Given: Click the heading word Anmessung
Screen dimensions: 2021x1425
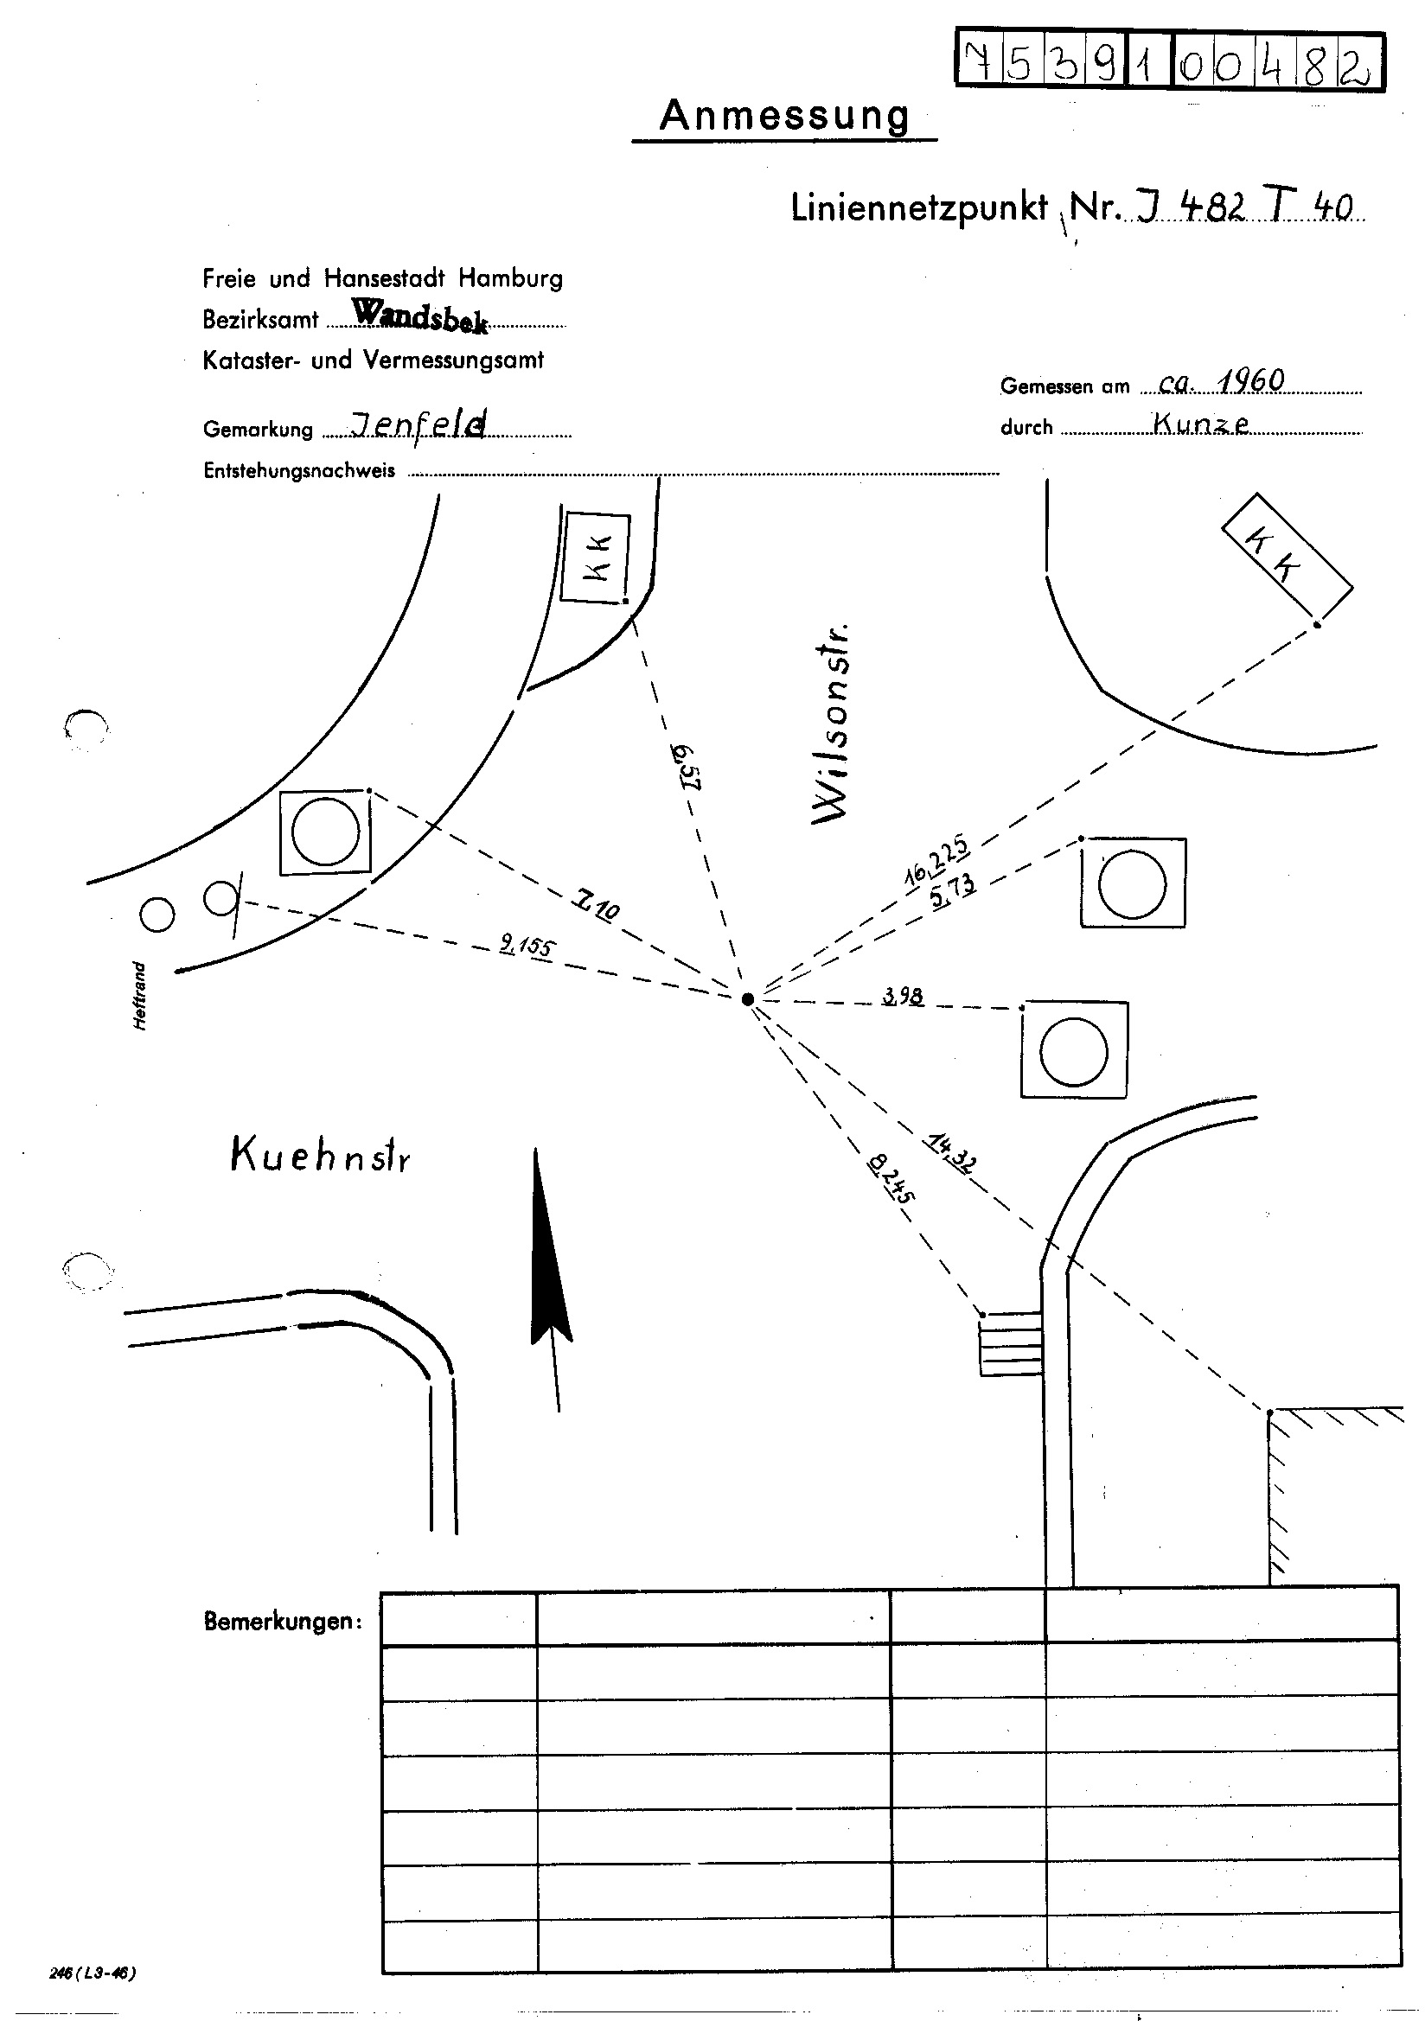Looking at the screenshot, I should pos(784,115).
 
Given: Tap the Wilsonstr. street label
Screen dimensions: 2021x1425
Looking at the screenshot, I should pos(833,723).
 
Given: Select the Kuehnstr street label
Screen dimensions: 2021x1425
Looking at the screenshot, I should pos(320,1155).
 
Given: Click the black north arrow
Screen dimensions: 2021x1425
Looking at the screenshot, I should pos(550,1259).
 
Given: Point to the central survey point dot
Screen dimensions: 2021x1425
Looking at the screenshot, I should pos(748,998).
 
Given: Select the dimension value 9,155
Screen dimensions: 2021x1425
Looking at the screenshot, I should pos(527,947).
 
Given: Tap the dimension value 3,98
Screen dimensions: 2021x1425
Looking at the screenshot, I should pos(903,997).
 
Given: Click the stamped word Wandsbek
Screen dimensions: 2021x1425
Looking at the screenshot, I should pos(419,316).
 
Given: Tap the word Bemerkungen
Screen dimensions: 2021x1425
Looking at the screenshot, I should pos(283,1622).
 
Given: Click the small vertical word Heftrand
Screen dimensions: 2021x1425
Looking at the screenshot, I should pos(140,996).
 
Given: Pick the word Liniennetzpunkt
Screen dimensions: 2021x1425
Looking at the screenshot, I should pos(918,208).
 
